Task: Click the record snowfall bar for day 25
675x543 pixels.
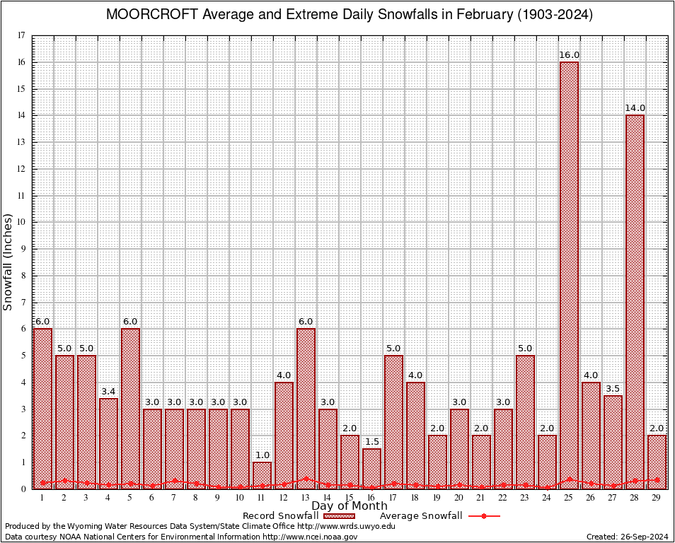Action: click(569, 276)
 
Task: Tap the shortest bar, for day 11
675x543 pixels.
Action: click(262, 475)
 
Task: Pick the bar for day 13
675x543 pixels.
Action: click(306, 409)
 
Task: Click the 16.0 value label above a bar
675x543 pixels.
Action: click(569, 55)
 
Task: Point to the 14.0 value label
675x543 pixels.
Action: click(635, 108)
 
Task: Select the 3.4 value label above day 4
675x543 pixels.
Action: click(108, 392)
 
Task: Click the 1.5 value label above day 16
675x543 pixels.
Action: click(371, 442)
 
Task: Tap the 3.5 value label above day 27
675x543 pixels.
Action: click(613, 389)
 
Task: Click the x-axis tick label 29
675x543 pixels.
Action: click(657, 498)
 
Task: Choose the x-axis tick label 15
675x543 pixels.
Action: click(350, 498)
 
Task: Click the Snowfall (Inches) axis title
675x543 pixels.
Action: click(8, 262)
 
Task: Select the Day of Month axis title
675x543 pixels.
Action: click(350, 506)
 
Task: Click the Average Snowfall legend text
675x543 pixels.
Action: click(420, 516)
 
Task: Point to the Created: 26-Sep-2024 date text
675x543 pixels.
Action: click(627, 537)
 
